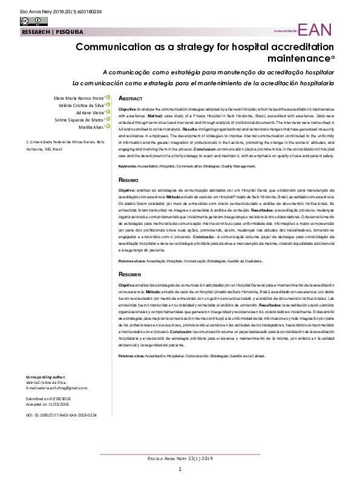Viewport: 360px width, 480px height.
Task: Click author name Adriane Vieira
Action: click(89, 112)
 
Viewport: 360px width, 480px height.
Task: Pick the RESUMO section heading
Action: click(128, 180)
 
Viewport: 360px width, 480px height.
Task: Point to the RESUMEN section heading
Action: click(130, 274)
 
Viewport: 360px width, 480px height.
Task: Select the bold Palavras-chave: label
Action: click(131, 261)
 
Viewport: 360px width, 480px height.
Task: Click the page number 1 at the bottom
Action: click(180, 470)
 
